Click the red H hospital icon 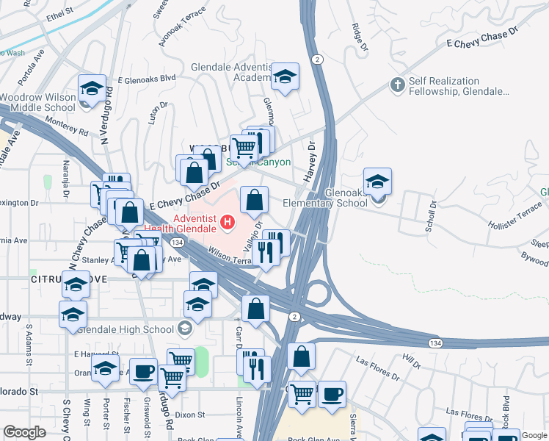pyautogui.click(x=228, y=220)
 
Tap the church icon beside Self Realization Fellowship pyautogui.click(x=399, y=85)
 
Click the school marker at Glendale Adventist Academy pyautogui.click(x=284, y=76)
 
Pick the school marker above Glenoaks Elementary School pyautogui.click(x=377, y=182)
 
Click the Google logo pyautogui.click(x=24, y=432)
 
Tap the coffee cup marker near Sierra pyautogui.click(x=331, y=393)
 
